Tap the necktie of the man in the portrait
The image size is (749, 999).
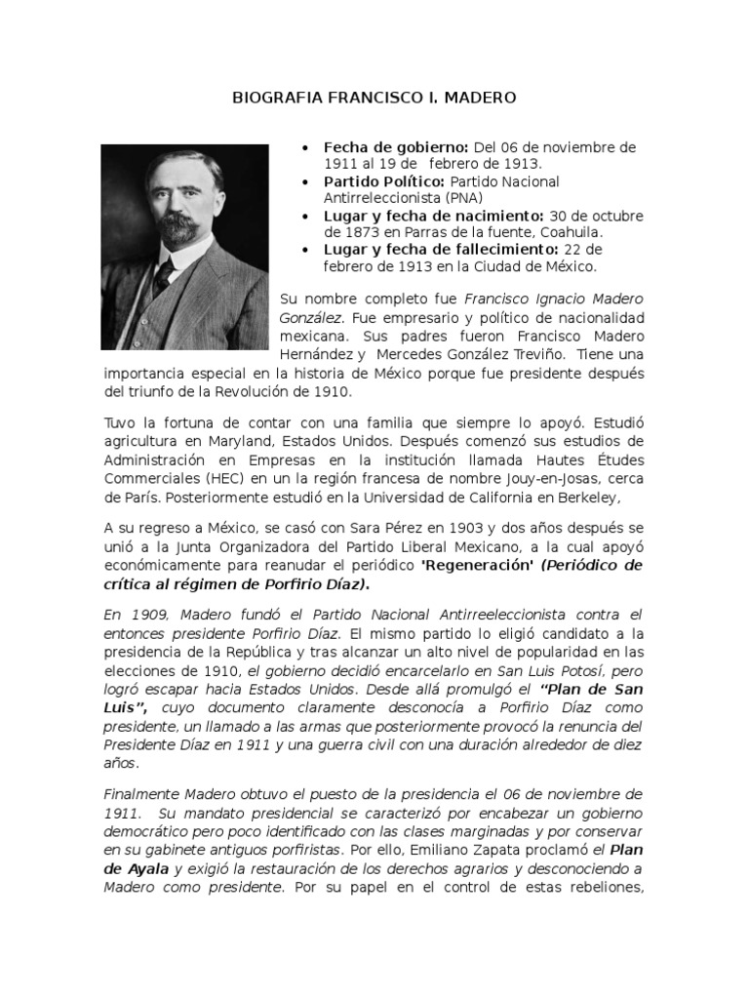click(162, 276)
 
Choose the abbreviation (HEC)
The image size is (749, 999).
click(207, 480)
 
